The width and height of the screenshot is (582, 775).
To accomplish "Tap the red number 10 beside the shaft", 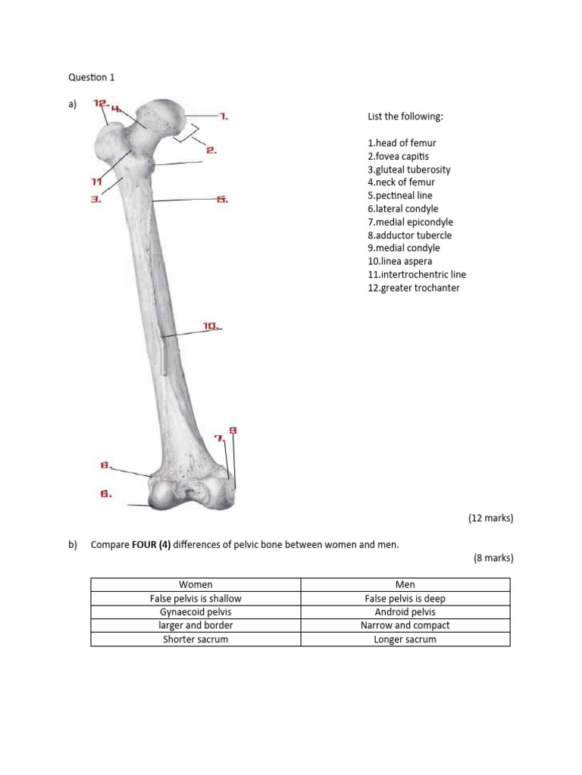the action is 211,326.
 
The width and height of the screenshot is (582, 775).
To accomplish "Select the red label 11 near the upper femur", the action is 96,182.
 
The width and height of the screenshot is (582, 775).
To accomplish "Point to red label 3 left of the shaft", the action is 96,200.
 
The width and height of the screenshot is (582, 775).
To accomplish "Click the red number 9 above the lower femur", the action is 233,431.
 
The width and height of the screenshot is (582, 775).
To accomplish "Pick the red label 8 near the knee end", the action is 105,464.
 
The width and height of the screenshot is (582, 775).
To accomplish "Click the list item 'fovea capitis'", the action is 398,156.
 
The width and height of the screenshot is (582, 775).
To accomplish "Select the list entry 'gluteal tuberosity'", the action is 408,170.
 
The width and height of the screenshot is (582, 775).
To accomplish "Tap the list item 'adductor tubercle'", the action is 409,235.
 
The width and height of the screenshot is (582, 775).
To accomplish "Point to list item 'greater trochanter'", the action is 413,288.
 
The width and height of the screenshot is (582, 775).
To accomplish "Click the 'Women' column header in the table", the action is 196,584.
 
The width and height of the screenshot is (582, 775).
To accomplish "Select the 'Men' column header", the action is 405,584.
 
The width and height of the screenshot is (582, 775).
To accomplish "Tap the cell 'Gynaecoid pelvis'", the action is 196,612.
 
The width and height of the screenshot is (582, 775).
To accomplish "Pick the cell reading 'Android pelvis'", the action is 405,612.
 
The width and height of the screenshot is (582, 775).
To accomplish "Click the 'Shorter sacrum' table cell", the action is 196,639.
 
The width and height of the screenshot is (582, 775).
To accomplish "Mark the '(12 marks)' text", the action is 490,518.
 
